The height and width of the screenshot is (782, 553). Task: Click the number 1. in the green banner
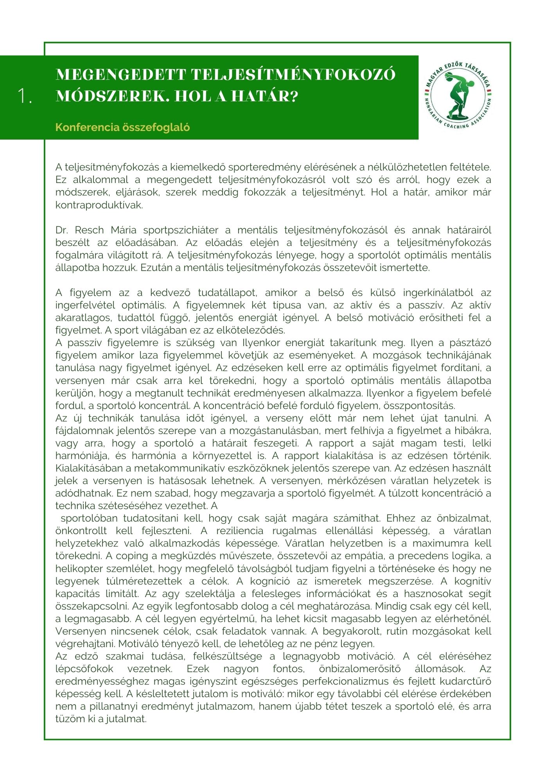coord(25,96)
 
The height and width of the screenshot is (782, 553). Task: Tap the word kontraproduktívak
coord(99,205)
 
